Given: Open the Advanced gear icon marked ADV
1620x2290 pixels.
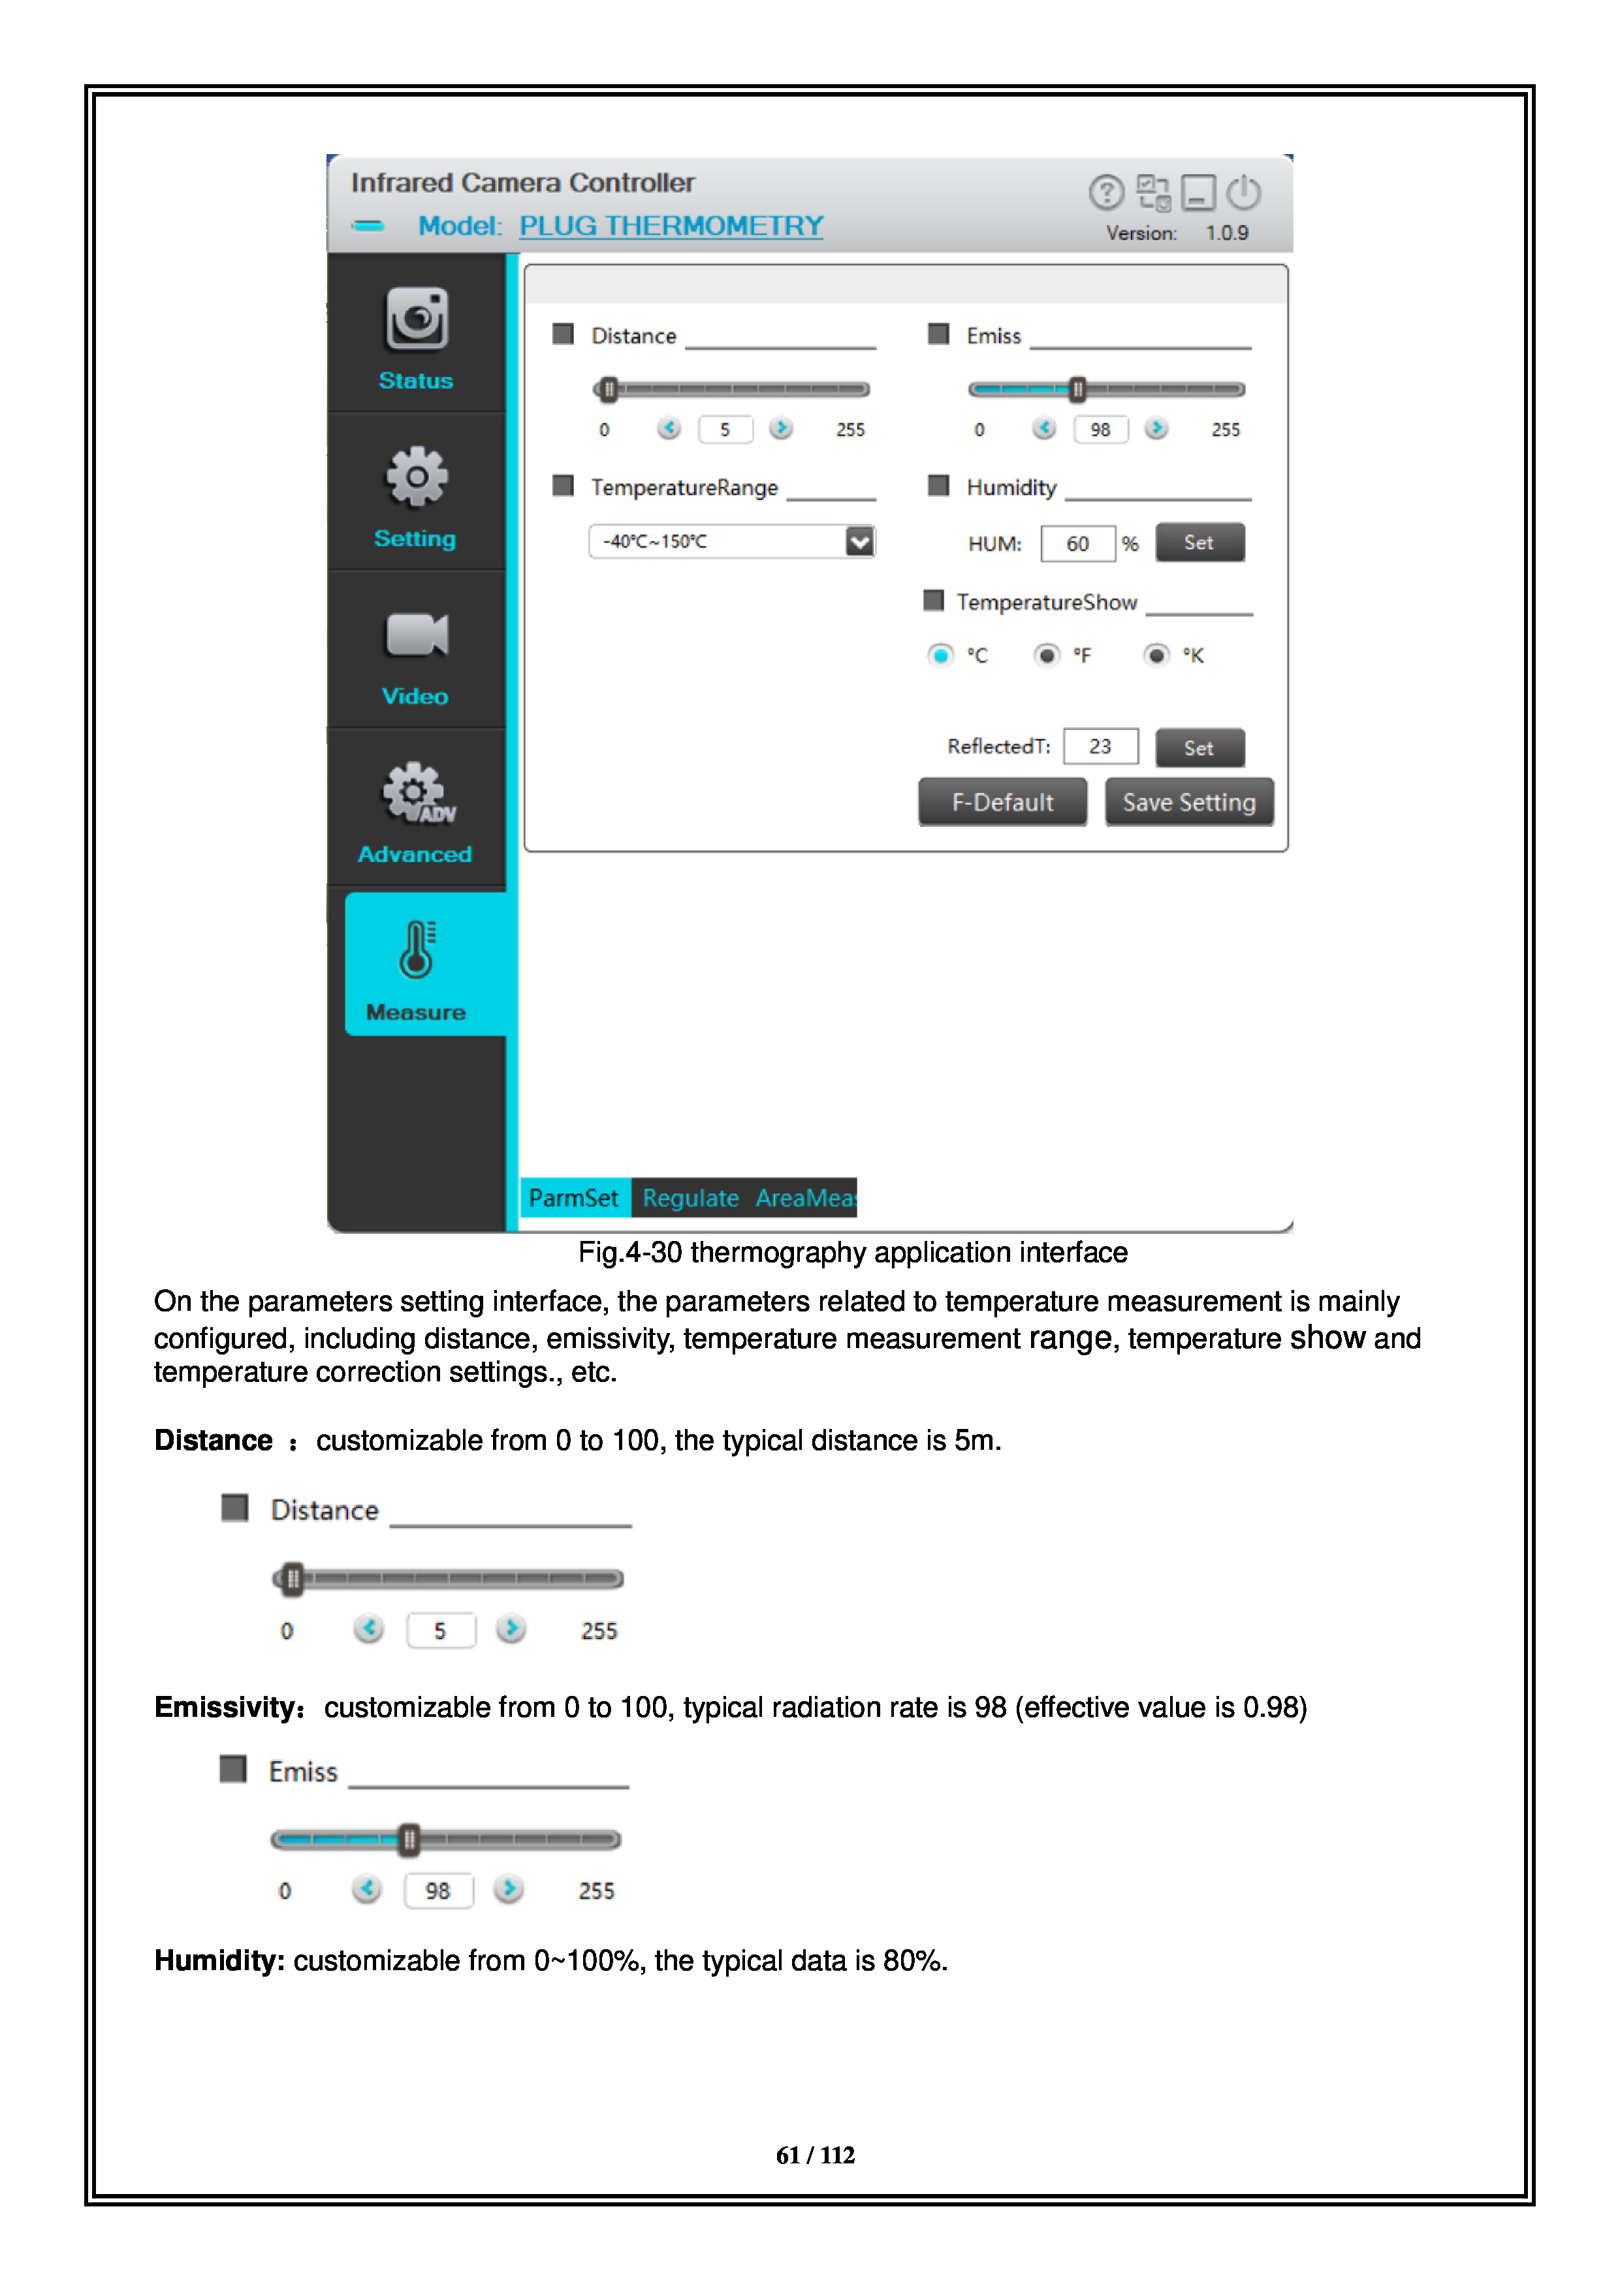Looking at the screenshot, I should tap(418, 794).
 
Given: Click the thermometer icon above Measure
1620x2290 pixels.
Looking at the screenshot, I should tap(417, 950).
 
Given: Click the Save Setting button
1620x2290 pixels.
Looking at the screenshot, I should tap(1188, 803).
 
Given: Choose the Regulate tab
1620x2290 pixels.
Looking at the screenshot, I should tap(690, 1198).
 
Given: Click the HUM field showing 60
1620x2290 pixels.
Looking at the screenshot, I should tap(1077, 544).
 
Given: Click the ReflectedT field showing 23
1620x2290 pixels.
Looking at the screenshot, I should tap(1100, 747).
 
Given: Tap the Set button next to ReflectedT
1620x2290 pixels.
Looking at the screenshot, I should tap(1199, 748).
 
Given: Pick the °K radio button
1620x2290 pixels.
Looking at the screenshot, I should tap(1156, 655).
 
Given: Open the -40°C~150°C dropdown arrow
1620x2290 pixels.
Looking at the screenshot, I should tap(859, 542).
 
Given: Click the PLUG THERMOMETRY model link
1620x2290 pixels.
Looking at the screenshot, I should tap(671, 227).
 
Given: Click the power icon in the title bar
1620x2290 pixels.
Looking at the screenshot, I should tap(1244, 193).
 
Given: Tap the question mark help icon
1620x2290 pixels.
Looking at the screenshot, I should tap(1106, 193).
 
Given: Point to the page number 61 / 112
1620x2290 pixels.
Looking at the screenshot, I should tap(815, 2156).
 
